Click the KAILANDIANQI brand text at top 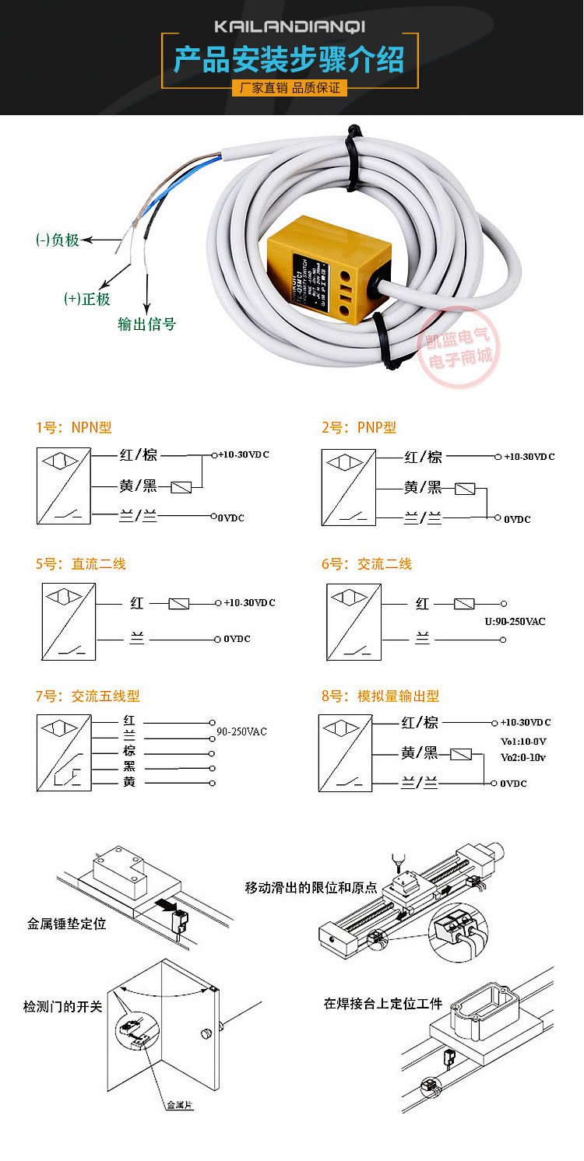[290, 27]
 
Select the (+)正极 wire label [87, 299]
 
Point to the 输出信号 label [146, 324]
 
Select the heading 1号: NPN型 [74, 427]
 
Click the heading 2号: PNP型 [359, 427]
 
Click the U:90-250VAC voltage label [515, 621]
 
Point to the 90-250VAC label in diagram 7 [241, 731]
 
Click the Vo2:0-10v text [523, 757]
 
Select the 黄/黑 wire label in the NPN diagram [139, 486]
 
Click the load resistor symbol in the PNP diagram [465, 489]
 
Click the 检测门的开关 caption [62, 1006]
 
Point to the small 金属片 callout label [179, 1105]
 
